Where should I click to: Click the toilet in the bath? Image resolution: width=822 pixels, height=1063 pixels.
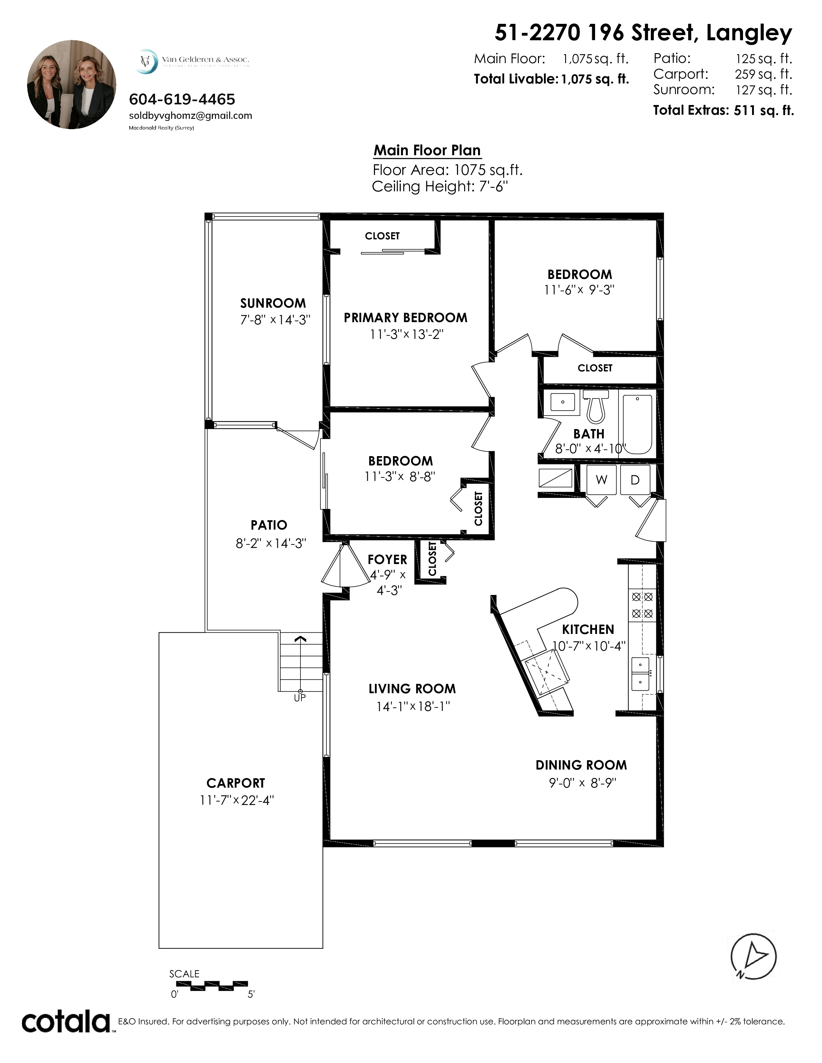tap(596, 407)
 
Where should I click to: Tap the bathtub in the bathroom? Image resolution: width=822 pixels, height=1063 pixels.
tap(637, 425)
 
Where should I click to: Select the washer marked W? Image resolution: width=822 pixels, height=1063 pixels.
tap(602, 480)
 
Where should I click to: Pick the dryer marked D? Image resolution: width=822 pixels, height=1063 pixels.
tap(635, 480)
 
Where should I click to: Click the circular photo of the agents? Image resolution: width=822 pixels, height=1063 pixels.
tap(72, 85)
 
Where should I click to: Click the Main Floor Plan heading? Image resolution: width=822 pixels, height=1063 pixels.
tap(427, 150)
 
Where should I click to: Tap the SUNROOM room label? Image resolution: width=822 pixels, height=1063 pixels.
tap(273, 303)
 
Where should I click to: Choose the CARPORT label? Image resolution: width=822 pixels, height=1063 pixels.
tap(236, 783)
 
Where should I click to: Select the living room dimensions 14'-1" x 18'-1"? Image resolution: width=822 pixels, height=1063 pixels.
tap(413, 706)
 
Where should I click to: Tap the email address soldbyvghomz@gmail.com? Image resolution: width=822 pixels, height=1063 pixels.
tap(191, 116)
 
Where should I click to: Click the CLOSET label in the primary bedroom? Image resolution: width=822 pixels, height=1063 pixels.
tap(382, 236)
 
